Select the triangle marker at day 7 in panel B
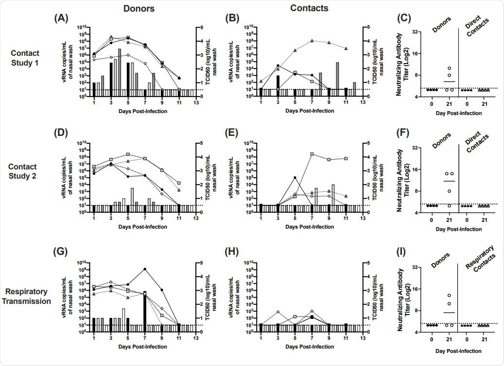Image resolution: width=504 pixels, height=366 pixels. point(312,41)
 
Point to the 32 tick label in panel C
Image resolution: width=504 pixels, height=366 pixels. point(416,32)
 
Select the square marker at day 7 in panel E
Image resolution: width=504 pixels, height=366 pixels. point(312,154)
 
